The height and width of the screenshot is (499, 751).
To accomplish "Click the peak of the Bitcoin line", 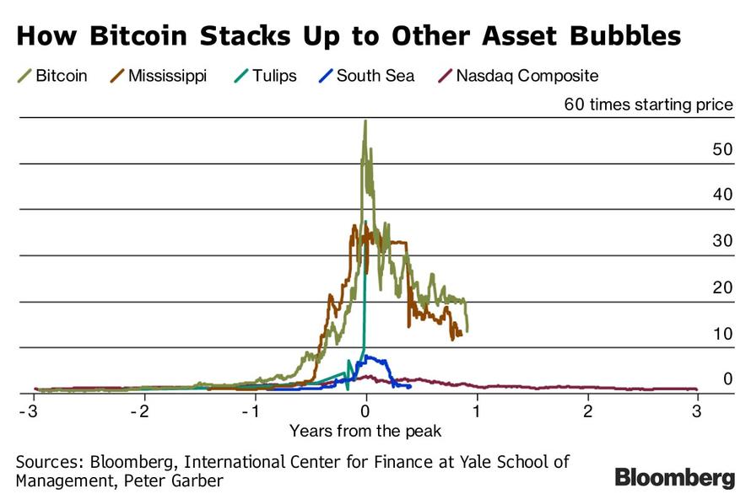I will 365,121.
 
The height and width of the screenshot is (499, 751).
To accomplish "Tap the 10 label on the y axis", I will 722,334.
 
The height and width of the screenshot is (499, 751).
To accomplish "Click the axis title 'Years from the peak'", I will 365,431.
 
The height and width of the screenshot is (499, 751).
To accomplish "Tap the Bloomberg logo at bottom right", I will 674,478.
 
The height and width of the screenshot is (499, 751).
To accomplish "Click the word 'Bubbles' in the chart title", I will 621,36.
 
